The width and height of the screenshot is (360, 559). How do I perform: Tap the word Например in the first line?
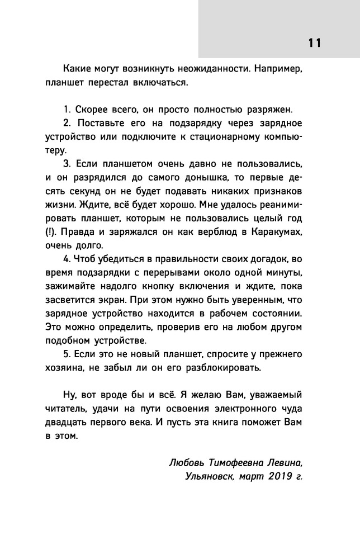[x=278, y=70]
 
